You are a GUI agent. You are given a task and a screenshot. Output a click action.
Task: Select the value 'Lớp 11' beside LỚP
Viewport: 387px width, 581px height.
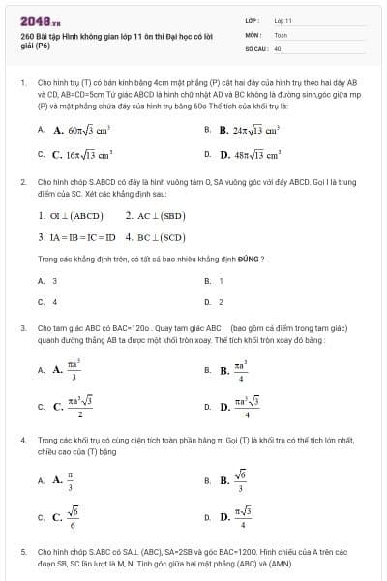click(x=283, y=19)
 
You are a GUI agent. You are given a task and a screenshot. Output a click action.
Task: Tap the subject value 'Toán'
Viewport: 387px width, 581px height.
click(x=281, y=33)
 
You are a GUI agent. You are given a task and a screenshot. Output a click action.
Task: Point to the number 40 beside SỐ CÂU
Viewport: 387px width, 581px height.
click(x=278, y=46)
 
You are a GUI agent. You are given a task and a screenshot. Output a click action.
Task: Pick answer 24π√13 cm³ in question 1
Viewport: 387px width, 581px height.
click(x=249, y=129)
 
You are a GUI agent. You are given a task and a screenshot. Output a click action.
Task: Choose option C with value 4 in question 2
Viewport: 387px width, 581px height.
click(x=54, y=302)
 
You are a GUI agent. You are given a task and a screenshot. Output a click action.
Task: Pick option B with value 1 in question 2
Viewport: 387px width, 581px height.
click(x=222, y=281)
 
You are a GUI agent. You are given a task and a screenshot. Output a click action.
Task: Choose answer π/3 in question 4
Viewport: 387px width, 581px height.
click(x=70, y=478)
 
